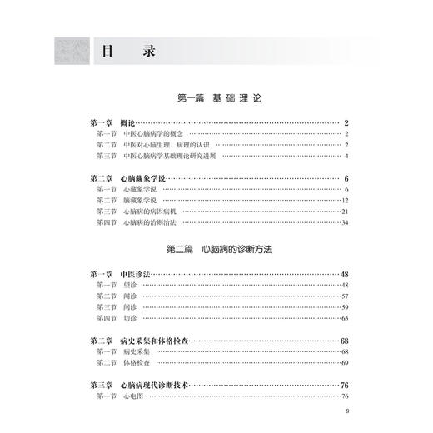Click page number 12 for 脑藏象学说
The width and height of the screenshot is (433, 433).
tap(343, 201)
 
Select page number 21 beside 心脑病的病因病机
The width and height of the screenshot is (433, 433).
tap(343, 212)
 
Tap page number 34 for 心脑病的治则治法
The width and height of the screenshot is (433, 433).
tap(343, 222)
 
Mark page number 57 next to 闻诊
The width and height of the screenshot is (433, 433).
tap(343, 296)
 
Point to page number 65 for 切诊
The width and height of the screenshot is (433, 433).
tap(343, 318)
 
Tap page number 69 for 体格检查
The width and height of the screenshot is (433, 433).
tap(343, 364)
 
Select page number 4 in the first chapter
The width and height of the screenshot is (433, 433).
tap(345, 156)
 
